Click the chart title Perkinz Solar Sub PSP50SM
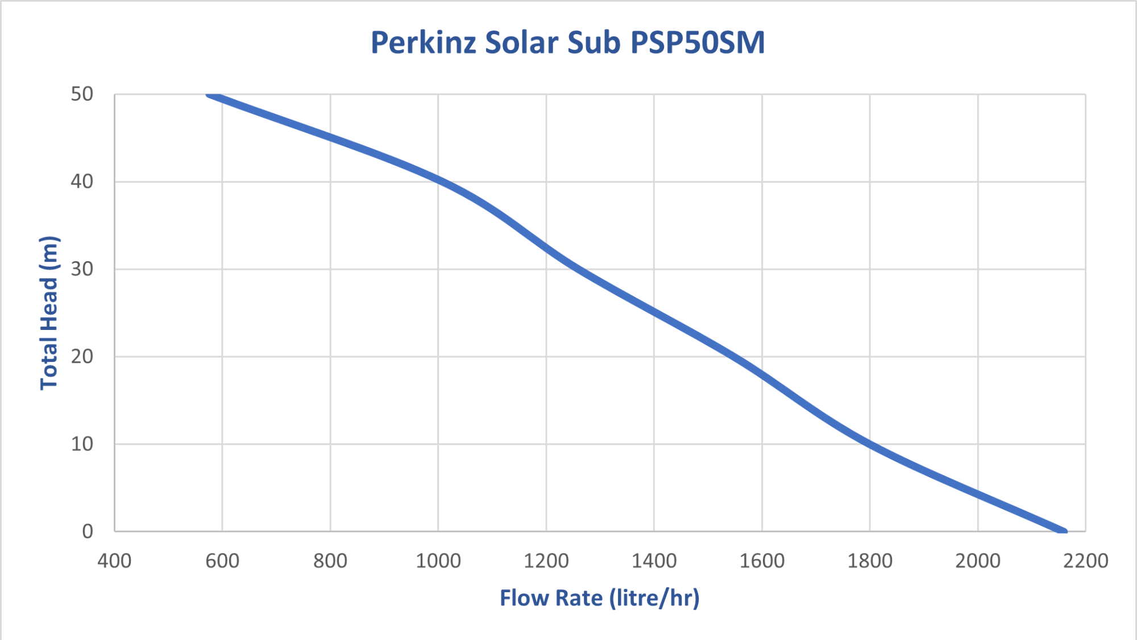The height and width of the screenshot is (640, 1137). pos(567,43)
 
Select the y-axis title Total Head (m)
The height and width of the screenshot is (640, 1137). pos(49,313)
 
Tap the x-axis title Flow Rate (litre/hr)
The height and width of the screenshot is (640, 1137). pos(599,598)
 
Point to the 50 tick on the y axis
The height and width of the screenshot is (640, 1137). pos(82,94)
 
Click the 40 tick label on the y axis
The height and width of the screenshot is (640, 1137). pos(82,182)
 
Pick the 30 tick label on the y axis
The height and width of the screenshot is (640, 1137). pos(82,269)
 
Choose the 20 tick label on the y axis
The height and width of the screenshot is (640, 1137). pos(82,357)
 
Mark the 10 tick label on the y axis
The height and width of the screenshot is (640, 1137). pos(82,444)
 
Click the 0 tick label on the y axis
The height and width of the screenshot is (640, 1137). pos(88,531)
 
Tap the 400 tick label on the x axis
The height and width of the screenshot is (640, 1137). pos(114,561)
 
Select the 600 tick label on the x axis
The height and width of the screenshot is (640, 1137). pos(222,561)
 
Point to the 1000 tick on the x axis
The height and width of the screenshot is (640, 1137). pos(438,561)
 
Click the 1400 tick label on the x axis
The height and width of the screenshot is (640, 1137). pos(654,561)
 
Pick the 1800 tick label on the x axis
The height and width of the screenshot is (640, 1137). pos(870,561)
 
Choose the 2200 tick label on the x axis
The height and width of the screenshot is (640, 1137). pos(1085,561)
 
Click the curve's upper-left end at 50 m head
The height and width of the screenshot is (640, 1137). pos(210,95)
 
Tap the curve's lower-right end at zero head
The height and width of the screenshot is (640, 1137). pos(1063,530)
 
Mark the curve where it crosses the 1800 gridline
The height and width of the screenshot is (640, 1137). pos(870,444)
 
